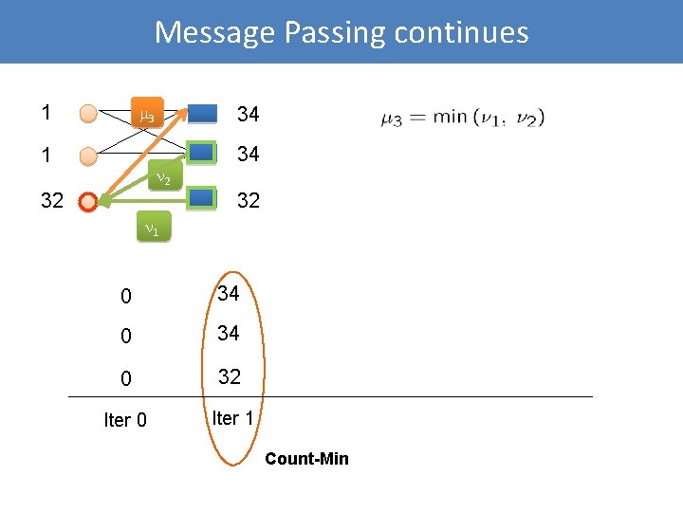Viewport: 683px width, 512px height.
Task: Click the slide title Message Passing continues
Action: coord(341,32)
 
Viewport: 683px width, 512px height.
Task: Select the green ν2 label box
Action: coord(162,178)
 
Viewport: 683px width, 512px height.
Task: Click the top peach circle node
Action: coord(88,115)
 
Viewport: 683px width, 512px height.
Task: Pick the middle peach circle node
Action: coord(88,155)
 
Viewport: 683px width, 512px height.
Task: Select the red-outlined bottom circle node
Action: coord(88,201)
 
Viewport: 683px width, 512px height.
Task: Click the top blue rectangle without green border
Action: coord(202,114)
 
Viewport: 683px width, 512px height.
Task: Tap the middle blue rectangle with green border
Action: coord(202,153)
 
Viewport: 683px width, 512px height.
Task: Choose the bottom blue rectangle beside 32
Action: coord(202,198)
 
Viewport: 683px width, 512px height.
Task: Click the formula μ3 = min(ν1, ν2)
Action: coord(462,118)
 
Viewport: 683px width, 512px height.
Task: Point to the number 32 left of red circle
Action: coord(51,201)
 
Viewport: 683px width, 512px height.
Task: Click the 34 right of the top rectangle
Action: coord(249,115)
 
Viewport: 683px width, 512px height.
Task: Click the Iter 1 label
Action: coord(232,418)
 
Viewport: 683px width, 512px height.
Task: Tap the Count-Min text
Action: coord(306,459)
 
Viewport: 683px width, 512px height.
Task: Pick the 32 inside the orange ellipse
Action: coord(230,376)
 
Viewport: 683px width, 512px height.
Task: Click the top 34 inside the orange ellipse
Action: coord(229,294)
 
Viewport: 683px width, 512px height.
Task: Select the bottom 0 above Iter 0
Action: coord(126,378)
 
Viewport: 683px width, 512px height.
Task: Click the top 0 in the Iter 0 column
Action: coord(126,296)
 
